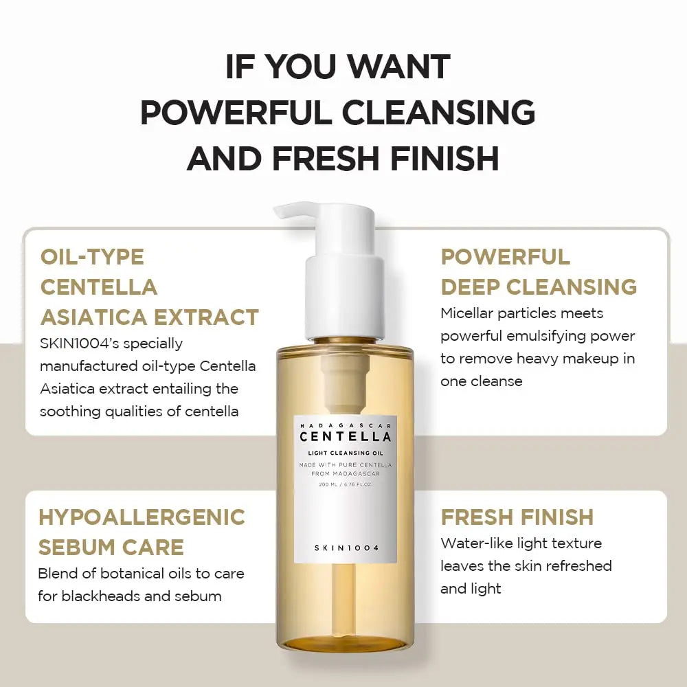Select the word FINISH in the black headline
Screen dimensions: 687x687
[x=444, y=159]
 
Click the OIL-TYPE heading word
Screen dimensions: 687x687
[x=92, y=257]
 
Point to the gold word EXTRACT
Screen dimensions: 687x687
[x=206, y=317]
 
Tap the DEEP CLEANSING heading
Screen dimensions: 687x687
[x=539, y=286]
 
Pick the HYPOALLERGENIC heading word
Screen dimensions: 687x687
[x=142, y=517]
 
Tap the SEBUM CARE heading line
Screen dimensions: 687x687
[x=111, y=547]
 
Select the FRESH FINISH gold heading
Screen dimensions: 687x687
[x=517, y=517]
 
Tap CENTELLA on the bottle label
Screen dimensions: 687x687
[x=346, y=436]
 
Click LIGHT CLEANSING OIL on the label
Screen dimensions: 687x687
[x=346, y=452]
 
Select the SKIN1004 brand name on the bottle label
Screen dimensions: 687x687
[x=346, y=547]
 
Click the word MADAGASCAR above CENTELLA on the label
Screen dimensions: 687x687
[x=346, y=425]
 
